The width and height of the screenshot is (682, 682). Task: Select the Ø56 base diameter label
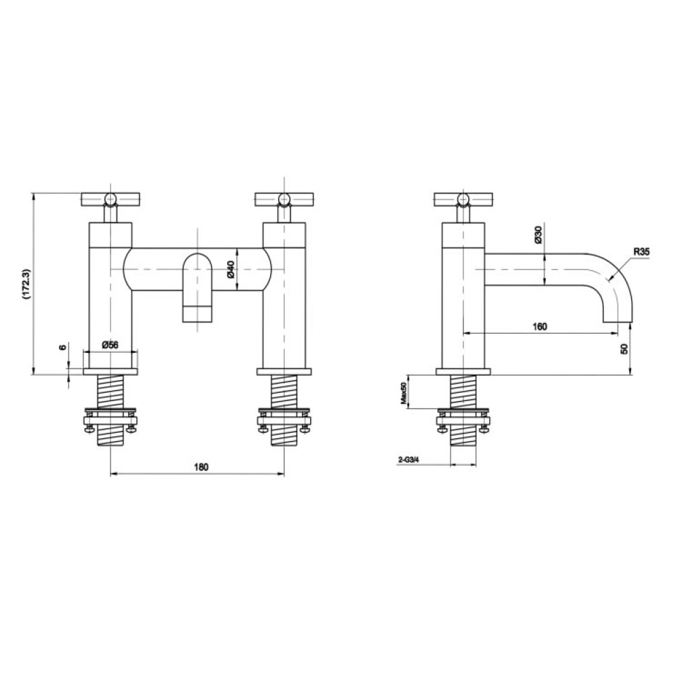pos(110,345)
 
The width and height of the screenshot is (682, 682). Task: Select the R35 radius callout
pos(641,252)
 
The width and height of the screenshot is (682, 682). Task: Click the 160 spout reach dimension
pos(539,326)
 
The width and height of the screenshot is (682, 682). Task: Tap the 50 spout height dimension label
pos(624,348)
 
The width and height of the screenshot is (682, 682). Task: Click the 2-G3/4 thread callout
pos(409,460)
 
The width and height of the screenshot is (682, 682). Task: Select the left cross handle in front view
pos(109,199)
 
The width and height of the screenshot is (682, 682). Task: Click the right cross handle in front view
pos(284,199)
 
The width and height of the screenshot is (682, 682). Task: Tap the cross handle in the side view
pos(463,199)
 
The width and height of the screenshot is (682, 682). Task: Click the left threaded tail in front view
pos(110,394)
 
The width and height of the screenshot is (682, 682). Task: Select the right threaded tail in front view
pos(284,394)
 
